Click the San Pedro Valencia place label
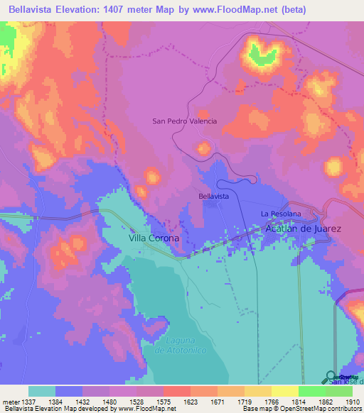[x=184, y=121]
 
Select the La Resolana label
[x=281, y=214]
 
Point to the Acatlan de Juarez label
[x=303, y=229]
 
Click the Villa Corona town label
[x=154, y=239]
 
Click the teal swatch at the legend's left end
[x=42, y=391]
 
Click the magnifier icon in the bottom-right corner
[x=332, y=377]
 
